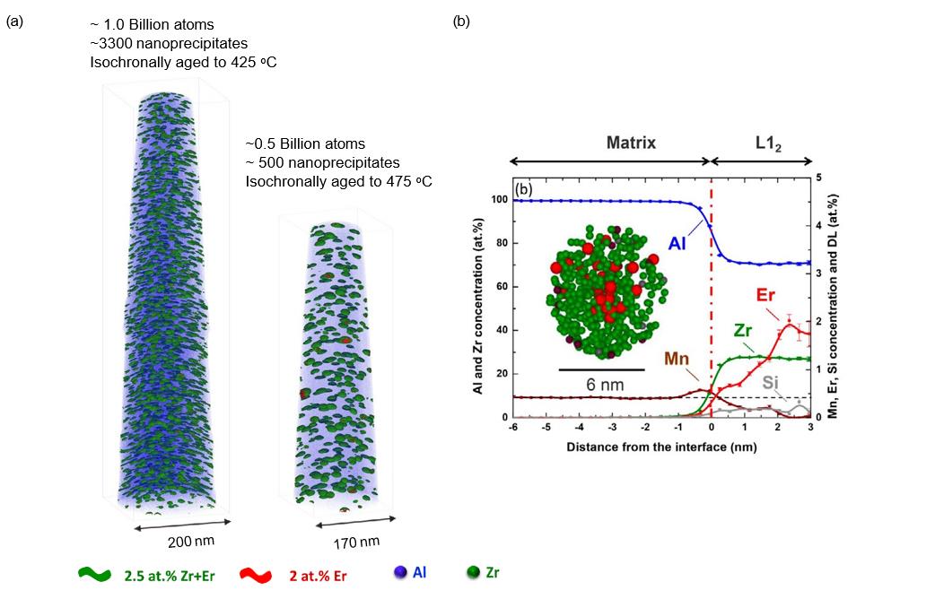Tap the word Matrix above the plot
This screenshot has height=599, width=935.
point(632,143)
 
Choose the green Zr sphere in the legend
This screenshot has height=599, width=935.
point(473,572)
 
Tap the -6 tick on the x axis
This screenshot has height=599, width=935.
point(512,429)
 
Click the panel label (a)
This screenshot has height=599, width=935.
point(15,21)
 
